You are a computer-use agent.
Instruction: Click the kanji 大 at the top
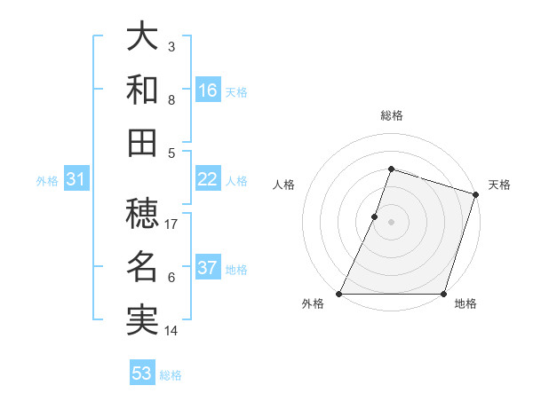(142, 38)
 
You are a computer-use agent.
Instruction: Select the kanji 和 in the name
(142, 90)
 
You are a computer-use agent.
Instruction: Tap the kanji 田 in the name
(142, 142)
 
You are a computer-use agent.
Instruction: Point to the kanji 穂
(142, 213)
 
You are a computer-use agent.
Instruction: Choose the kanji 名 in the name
(142, 265)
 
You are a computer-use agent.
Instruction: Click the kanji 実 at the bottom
(142, 318)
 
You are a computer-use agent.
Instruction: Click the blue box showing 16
(207, 90)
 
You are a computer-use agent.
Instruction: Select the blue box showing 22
(207, 179)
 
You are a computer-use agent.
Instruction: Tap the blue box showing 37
(207, 268)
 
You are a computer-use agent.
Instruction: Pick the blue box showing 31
(76, 179)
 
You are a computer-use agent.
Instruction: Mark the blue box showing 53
(141, 374)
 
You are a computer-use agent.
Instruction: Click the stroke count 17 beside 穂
(171, 224)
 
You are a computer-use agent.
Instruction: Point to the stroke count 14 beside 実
(171, 330)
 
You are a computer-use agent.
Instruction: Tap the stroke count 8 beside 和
(171, 100)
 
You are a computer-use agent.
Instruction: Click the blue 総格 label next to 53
(171, 375)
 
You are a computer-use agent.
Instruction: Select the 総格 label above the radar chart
(391, 115)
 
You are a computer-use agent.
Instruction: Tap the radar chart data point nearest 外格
(339, 293)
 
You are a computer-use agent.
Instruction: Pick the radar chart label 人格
(284, 185)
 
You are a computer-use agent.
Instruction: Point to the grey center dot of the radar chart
(391, 222)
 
